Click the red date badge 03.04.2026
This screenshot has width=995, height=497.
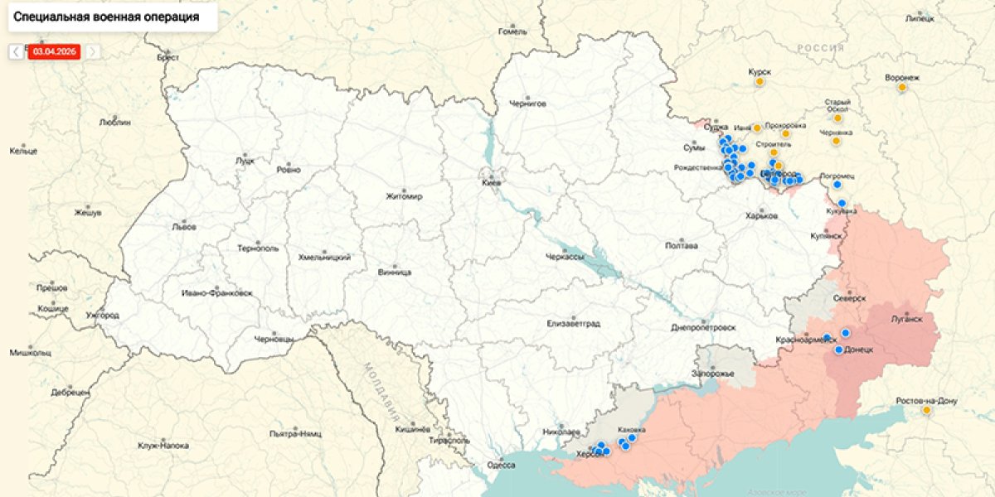click(x=54, y=51)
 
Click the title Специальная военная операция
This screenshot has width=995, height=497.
click(x=106, y=17)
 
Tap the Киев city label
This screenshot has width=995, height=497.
click(x=492, y=183)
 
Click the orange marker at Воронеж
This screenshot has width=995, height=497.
click(x=902, y=89)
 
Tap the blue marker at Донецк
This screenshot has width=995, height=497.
click(x=839, y=350)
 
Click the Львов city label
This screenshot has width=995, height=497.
click(x=183, y=226)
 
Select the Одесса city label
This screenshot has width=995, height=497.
click(x=501, y=465)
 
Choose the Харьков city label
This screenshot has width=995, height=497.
click(x=761, y=216)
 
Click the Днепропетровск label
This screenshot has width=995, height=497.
click(x=703, y=327)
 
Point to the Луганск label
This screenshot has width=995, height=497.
click(x=908, y=318)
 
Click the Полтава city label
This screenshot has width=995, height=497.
click(x=682, y=246)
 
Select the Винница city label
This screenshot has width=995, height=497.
click(x=394, y=272)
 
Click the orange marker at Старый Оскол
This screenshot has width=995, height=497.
click(x=837, y=118)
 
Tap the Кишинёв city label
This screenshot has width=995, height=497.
click(x=412, y=429)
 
